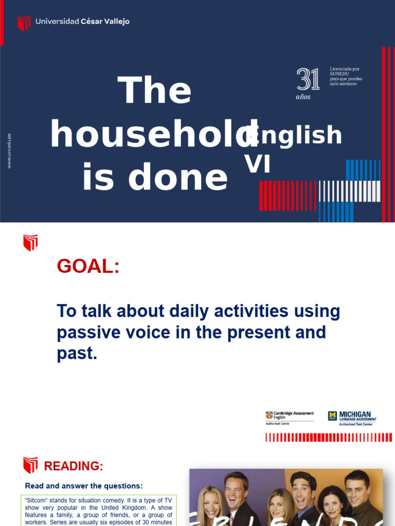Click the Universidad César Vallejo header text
82,22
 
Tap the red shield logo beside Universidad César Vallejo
24,23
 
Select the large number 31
308,80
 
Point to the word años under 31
303,97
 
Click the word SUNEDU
339,74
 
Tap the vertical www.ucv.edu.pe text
9,151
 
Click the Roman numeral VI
257,164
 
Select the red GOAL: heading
88,267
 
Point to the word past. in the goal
77,353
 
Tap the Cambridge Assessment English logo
290,418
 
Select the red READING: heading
74,466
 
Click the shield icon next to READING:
30,465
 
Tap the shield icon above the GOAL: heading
30,242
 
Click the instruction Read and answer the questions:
84,486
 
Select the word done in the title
178,178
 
